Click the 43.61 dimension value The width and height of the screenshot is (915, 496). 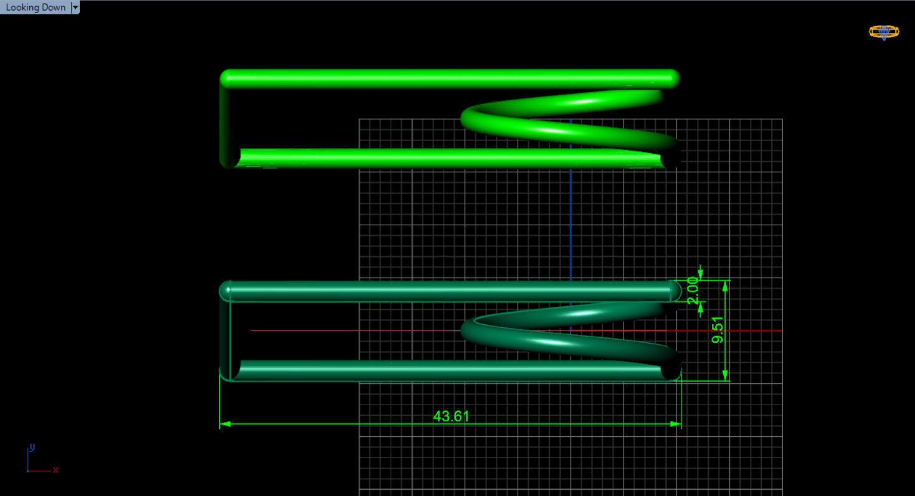click(x=451, y=416)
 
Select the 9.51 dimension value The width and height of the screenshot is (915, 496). click(x=718, y=330)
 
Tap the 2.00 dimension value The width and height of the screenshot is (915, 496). click(x=692, y=291)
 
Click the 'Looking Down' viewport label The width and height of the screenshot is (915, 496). click(x=36, y=7)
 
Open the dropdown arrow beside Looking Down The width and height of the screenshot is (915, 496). click(x=75, y=7)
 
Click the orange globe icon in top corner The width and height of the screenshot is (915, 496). click(x=884, y=32)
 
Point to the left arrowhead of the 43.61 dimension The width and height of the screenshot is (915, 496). click(x=225, y=424)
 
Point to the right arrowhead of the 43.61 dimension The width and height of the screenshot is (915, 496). click(x=675, y=424)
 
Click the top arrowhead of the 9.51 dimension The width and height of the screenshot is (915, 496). click(x=725, y=286)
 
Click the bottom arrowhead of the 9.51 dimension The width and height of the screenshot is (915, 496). click(x=725, y=375)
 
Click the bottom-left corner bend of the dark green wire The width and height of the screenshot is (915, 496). click(x=227, y=373)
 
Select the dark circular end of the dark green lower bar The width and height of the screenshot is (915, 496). click(x=670, y=370)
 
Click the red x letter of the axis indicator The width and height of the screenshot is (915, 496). click(x=55, y=470)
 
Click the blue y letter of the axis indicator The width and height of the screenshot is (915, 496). click(x=32, y=447)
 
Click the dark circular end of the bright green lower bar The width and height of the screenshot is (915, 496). click(x=670, y=159)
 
